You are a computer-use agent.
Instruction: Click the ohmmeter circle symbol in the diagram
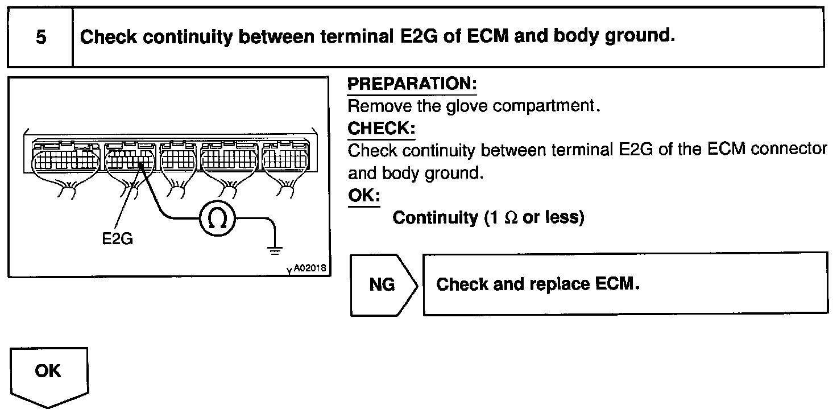pos(217,218)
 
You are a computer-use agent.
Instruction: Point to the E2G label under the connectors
pos(117,239)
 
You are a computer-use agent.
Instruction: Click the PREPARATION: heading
pos(412,84)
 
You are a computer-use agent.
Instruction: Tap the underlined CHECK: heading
pos(381,129)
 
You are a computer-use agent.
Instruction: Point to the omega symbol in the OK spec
pos(510,218)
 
